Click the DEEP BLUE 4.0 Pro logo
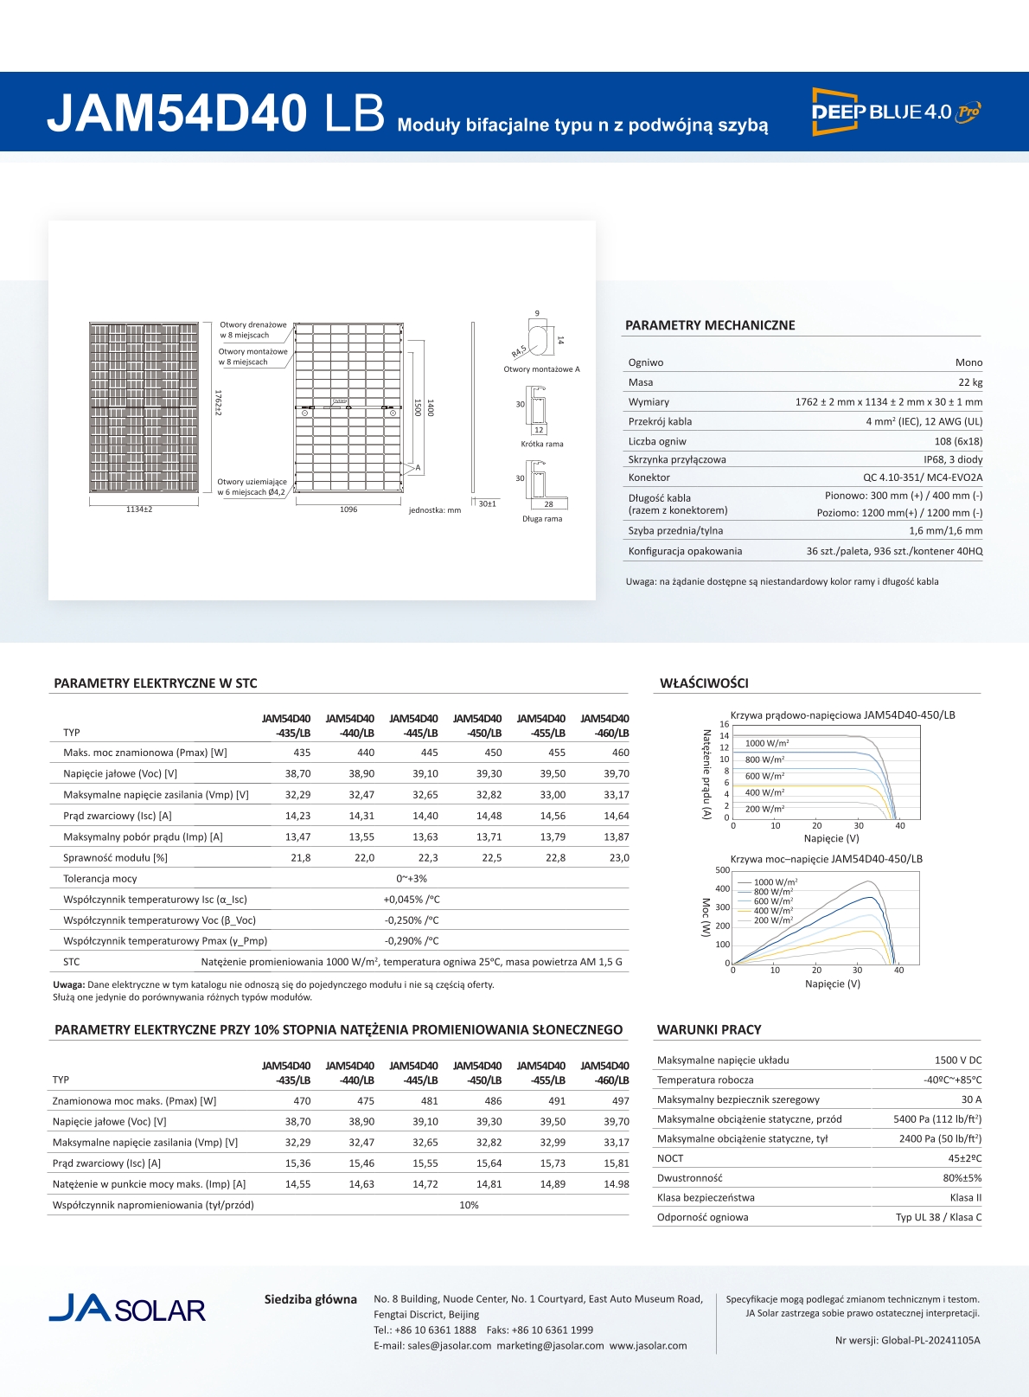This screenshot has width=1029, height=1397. tap(896, 112)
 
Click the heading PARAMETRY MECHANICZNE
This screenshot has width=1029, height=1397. tap(710, 325)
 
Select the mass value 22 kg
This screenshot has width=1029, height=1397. tap(970, 382)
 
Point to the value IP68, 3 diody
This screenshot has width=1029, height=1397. tap(952, 459)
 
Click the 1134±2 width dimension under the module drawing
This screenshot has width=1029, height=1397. tap(139, 509)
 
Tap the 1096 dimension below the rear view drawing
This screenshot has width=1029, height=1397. tap(348, 509)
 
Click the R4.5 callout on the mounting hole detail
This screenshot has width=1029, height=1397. tap(519, 351)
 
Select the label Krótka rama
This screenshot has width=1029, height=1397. tap(542, 444)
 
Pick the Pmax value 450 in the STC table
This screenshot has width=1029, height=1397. tap(493, 753)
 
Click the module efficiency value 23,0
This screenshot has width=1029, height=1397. tap(619, 858)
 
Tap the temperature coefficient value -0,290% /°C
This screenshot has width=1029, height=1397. tap(412, 941)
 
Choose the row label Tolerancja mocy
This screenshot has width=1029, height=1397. tap(100, 879)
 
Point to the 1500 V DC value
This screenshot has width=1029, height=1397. tap(957, 1061)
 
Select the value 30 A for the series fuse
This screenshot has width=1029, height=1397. tap(971, 1099)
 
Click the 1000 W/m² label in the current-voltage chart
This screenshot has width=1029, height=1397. tap(767, 743)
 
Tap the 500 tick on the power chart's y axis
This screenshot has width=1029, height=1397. tap(722, 870)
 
